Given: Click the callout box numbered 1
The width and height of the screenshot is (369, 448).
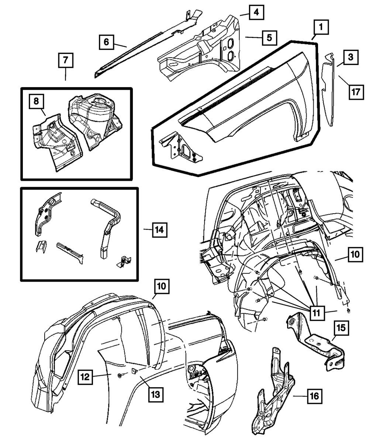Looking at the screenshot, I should (321, 27).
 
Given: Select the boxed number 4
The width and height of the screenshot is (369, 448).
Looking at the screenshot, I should (256, 13).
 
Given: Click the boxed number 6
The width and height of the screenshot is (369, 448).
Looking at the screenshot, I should (106, 42).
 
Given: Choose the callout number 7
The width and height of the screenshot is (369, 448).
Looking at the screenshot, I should (65, 60).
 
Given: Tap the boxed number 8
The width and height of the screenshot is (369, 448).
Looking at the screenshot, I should (37, 101).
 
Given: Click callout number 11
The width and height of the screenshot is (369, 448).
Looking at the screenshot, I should (317, 313).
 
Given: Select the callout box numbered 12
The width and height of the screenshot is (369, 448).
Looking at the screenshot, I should (85, 376).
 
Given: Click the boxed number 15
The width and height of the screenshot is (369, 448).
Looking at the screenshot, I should (342, 327).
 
